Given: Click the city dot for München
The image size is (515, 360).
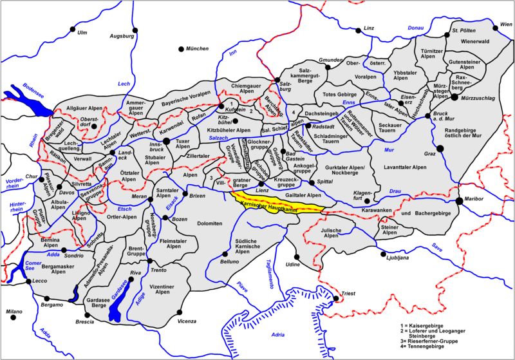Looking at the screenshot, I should pos(181,49).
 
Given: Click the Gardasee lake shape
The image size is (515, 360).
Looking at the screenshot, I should pos(117,303).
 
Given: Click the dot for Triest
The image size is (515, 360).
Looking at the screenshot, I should pos(335,298).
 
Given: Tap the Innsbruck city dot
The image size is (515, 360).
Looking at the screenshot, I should pos(166,140).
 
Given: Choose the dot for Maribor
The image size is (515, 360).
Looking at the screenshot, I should pos(459,201).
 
